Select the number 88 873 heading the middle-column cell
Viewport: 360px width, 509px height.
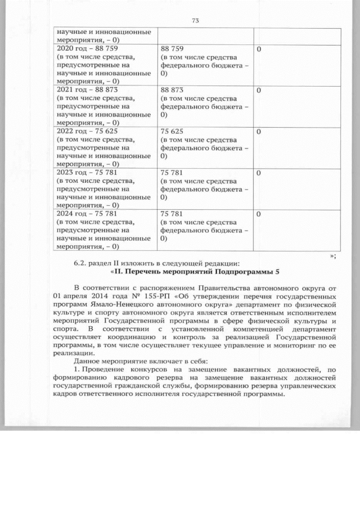[172, 90]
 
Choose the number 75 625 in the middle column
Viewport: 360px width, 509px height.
[172, 131]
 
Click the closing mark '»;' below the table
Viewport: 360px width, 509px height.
[333, 256]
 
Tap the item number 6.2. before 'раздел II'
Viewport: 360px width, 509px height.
[83, 263]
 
